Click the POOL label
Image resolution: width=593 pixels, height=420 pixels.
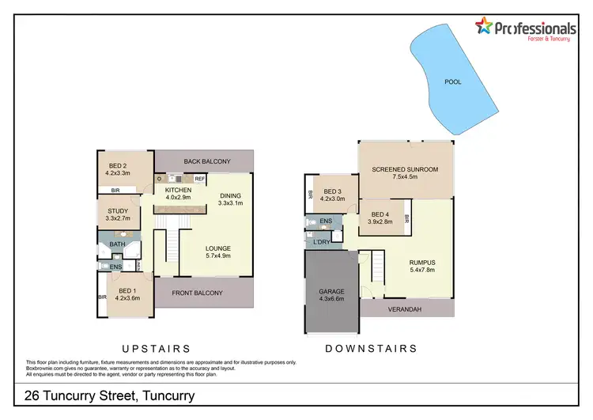point(452,81)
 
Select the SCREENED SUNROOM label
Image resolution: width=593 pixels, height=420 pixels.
point(404,169)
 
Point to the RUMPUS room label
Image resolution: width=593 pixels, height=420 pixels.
point(421,263)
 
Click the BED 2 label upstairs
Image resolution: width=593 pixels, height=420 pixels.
point(118,164)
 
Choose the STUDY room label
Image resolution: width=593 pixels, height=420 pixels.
point(118,210)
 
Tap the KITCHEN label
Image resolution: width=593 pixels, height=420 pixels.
point(179,191)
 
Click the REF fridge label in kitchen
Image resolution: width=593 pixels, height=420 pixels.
point(199,179)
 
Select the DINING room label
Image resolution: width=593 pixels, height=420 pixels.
point(230,196)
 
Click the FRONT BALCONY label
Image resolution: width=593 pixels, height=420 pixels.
point(201,293)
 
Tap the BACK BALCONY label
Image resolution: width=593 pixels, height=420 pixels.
point(206,161)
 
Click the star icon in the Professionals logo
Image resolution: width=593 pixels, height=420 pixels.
point(483,27)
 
